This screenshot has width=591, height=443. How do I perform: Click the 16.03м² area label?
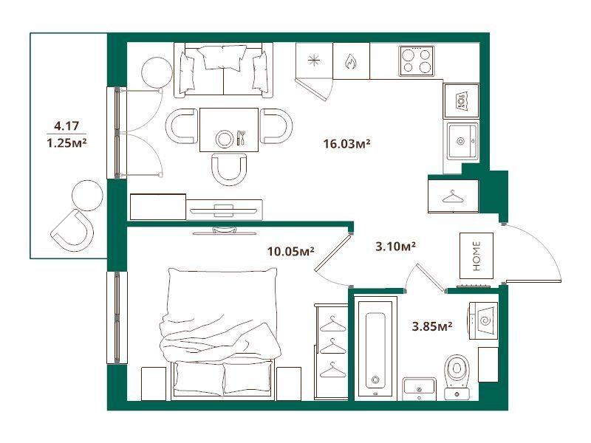click(346, 143)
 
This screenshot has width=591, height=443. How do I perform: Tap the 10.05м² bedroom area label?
click(290, 251)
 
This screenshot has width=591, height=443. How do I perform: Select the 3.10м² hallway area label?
click(395, 247)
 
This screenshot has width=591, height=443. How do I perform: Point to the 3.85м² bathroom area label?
click(432, 326)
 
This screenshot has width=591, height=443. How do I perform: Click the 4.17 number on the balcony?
click(66, 126)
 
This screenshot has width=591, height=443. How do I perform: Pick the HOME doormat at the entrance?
click(476, 255)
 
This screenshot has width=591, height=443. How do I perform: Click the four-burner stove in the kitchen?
click(416, 61)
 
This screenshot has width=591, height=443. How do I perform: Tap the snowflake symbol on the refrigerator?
click(313, 61)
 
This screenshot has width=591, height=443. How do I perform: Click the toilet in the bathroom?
click(457, 377)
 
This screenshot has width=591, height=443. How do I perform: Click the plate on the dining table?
click(225, 139)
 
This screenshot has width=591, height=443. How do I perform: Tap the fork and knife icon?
click(241, 138)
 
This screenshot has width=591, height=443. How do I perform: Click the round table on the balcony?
click(87, 196)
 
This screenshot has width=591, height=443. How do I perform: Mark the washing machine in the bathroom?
click(484, 320)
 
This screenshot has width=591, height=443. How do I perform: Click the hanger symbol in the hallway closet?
click(453, 196)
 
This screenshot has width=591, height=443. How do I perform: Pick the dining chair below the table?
click(229, 169)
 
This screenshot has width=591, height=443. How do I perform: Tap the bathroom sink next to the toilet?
click(419, 389)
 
